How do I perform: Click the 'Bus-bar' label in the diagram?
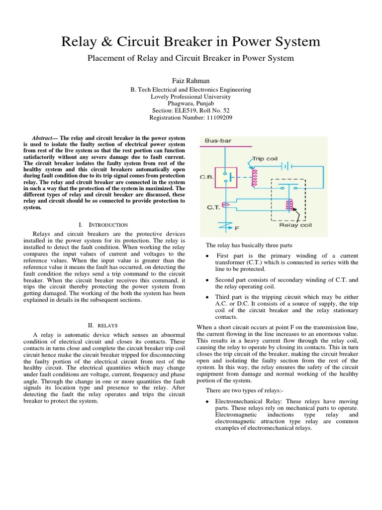(x=218, y=141)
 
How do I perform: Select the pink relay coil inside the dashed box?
(x=286, y=206)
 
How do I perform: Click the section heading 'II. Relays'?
(x=105, y=325)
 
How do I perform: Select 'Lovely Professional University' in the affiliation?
(x=191, y=97)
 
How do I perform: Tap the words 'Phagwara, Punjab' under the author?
(x=191, y=104)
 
